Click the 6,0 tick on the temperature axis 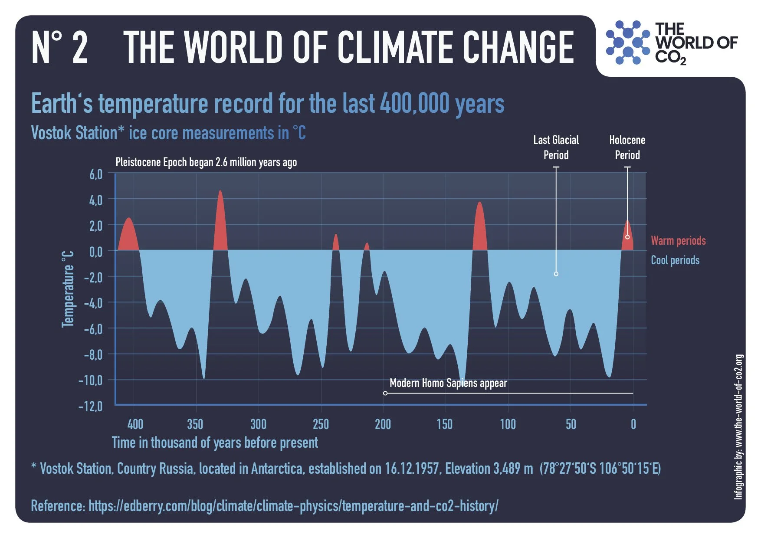click(x=95, y=174)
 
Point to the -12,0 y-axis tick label click(x=90, y=407)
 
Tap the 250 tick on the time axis click(x=321, y=424)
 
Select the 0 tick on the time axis click(x=633, y=424)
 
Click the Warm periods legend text click(x=678, y=241)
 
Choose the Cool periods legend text click(x=675, y=260)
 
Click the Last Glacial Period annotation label click(x=556, y=148)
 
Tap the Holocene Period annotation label click(x=627, y=148)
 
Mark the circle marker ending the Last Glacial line click(x=556, y=274)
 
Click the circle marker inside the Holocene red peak click(x=627, y=237)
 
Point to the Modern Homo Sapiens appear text click(x=448, y=383)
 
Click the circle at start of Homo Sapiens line click(x=385, y=393)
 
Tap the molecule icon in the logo click(x=627, y=43)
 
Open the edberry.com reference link click(x=293, y=506)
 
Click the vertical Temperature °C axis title click(x=68, y=289)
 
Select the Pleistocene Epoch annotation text click(x=206, y=162)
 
